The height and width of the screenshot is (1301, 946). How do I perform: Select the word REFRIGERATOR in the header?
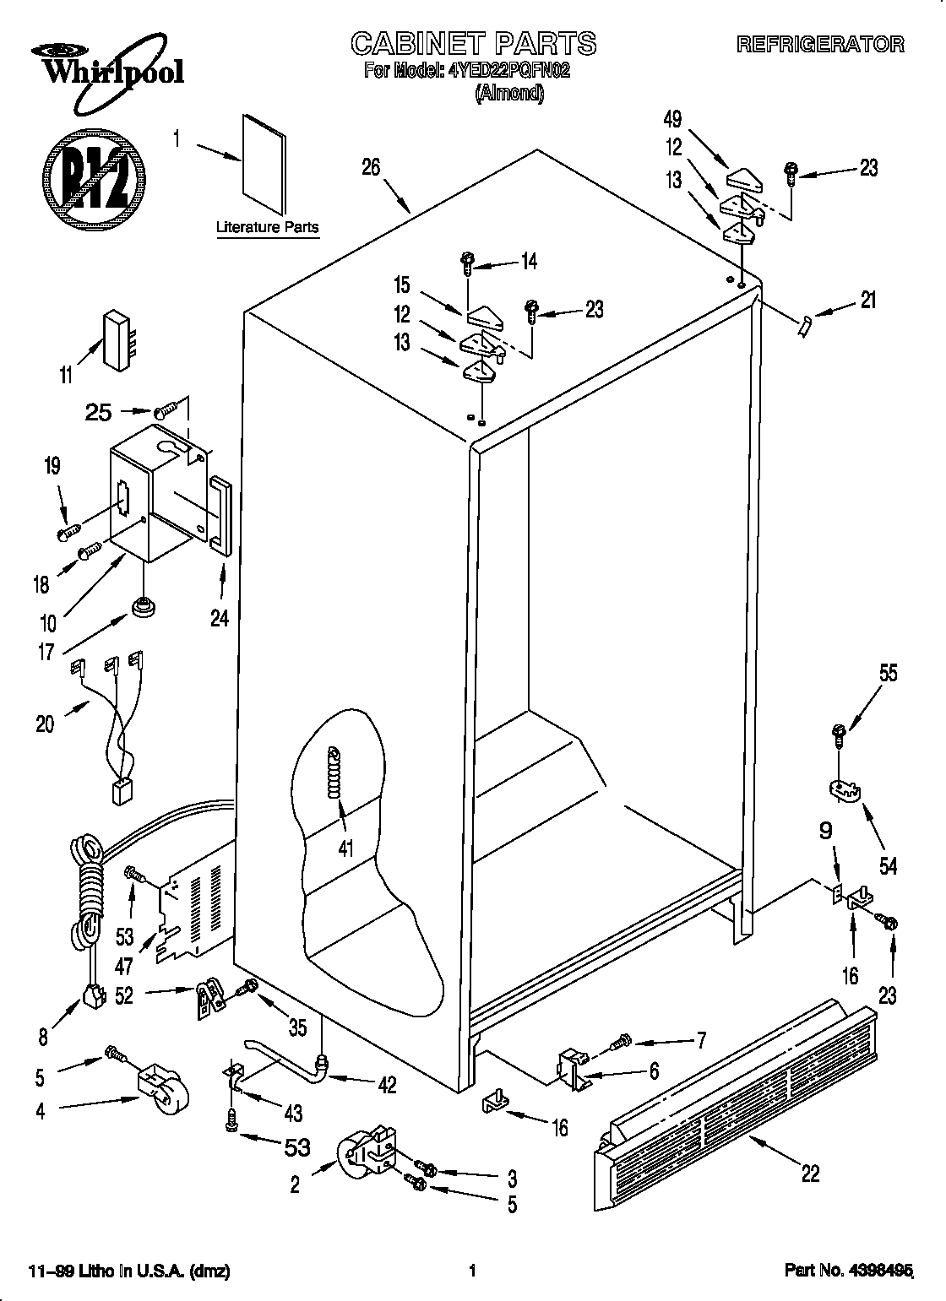pyautogui.click(x=820, y=45)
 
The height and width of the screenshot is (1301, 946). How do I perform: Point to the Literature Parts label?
pyautogui.click(x=267, y=227)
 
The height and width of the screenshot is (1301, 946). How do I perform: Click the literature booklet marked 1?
pyautogui.click(x=264, y=165)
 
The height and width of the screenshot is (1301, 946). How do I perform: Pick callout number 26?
pyautogui.click(x=371, y=167)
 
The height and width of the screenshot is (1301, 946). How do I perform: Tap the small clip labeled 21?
pyautogui.click(x=803, y=324)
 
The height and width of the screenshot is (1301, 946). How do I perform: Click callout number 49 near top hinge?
pyautogui.click(x=672, y=119)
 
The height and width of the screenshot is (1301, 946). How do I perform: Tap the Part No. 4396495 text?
pyautogui.click(x=849, y=1270)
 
